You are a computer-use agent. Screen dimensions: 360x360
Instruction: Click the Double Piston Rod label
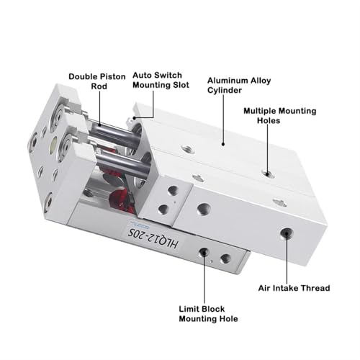click(97, 81)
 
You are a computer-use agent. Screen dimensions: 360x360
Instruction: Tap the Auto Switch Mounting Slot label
click(161, 80)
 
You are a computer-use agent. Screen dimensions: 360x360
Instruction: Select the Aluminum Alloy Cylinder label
click(239, 85)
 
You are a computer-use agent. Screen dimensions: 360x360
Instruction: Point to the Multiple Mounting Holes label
click(280, 115)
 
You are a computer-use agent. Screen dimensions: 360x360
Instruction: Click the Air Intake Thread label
click(294, 288)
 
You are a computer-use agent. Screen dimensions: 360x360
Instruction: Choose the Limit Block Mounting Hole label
click(208, 314)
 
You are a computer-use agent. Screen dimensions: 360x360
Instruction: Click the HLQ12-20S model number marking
click(153, 238)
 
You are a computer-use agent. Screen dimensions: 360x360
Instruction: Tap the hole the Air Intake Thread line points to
click(287, 233)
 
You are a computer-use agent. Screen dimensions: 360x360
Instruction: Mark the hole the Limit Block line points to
click(204, 253)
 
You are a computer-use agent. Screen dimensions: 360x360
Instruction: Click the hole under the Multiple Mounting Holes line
click(268, 173)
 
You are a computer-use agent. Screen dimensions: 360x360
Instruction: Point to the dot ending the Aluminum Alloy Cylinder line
click(223, 144)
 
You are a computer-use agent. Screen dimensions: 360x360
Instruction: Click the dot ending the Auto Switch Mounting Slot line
click(135, 118)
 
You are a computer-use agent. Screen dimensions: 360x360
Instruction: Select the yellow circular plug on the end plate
click(53, 145)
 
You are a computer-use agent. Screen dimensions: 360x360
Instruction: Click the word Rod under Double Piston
click(99, 86)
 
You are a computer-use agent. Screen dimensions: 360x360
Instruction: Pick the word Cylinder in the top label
click(225, 90)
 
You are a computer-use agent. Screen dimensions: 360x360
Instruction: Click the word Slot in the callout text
click(181, 85)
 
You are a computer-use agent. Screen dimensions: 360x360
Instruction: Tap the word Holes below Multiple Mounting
click(269, 120)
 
